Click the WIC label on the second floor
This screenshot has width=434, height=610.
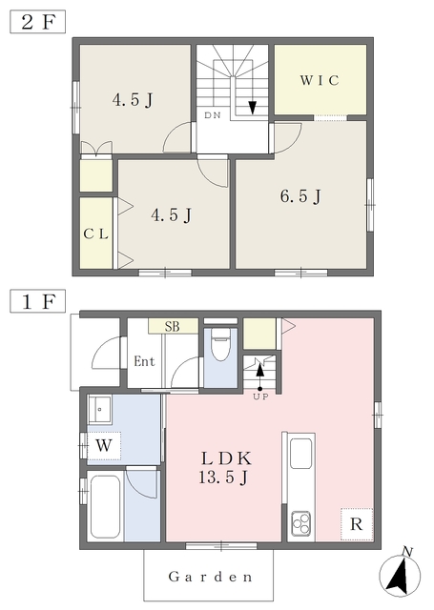(x=320, y=80)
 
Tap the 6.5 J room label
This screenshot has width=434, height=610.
(x=300, y=196)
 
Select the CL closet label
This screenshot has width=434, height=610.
(x=95, y=234)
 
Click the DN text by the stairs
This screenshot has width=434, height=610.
(x=213, y=115)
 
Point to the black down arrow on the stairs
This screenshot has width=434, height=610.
(x=252, y=108)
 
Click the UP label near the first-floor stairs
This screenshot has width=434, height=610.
(x=260, y=397)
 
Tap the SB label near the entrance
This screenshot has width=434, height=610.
(x=172, y=326)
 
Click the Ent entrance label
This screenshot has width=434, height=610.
(x=144, y=361)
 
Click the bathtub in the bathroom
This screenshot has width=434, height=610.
(x=105, y=506)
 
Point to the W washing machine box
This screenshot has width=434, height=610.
(x=104, y=445)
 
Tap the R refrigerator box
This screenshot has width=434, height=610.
(x=357, y=524)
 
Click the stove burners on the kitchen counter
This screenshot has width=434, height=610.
(x=301, y=523)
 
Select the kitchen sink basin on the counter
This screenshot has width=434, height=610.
(x=300, y=454)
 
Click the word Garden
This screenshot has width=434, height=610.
(x=210, y=577)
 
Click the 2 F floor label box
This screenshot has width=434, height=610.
(x=37, y=22)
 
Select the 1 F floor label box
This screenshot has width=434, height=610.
(x=37, y=301)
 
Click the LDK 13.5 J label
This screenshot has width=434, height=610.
(x=225, y=468)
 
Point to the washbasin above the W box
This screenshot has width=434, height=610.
(x=100, y=409)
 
